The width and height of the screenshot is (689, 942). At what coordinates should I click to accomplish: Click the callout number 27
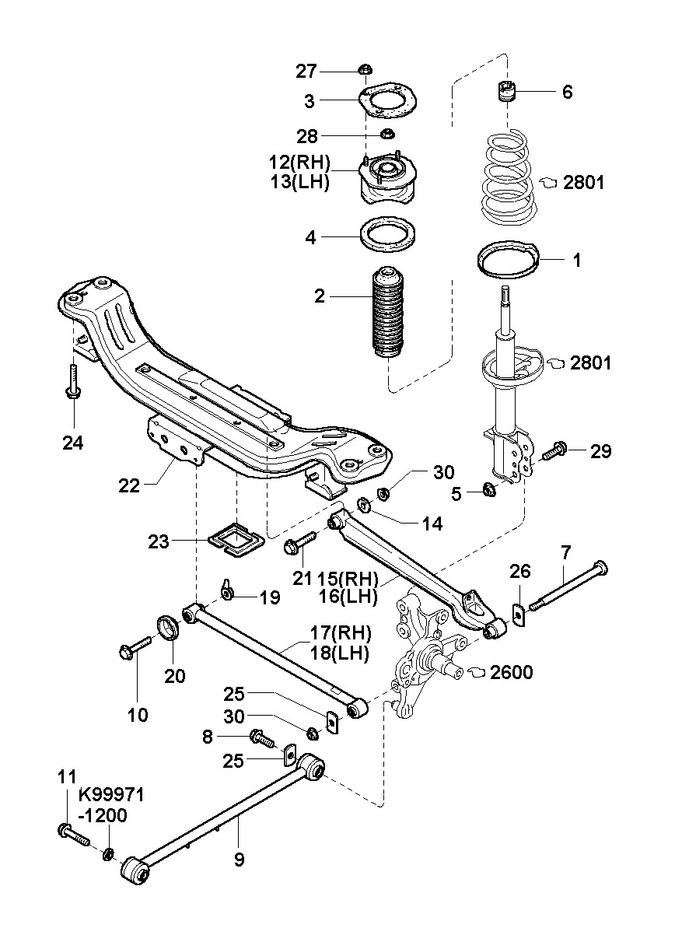point(306,72)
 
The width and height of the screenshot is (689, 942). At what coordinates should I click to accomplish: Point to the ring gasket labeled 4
point(387,233)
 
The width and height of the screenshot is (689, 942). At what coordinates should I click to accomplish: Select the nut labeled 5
point(490,489)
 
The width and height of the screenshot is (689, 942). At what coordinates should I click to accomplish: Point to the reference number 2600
point(511,672)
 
